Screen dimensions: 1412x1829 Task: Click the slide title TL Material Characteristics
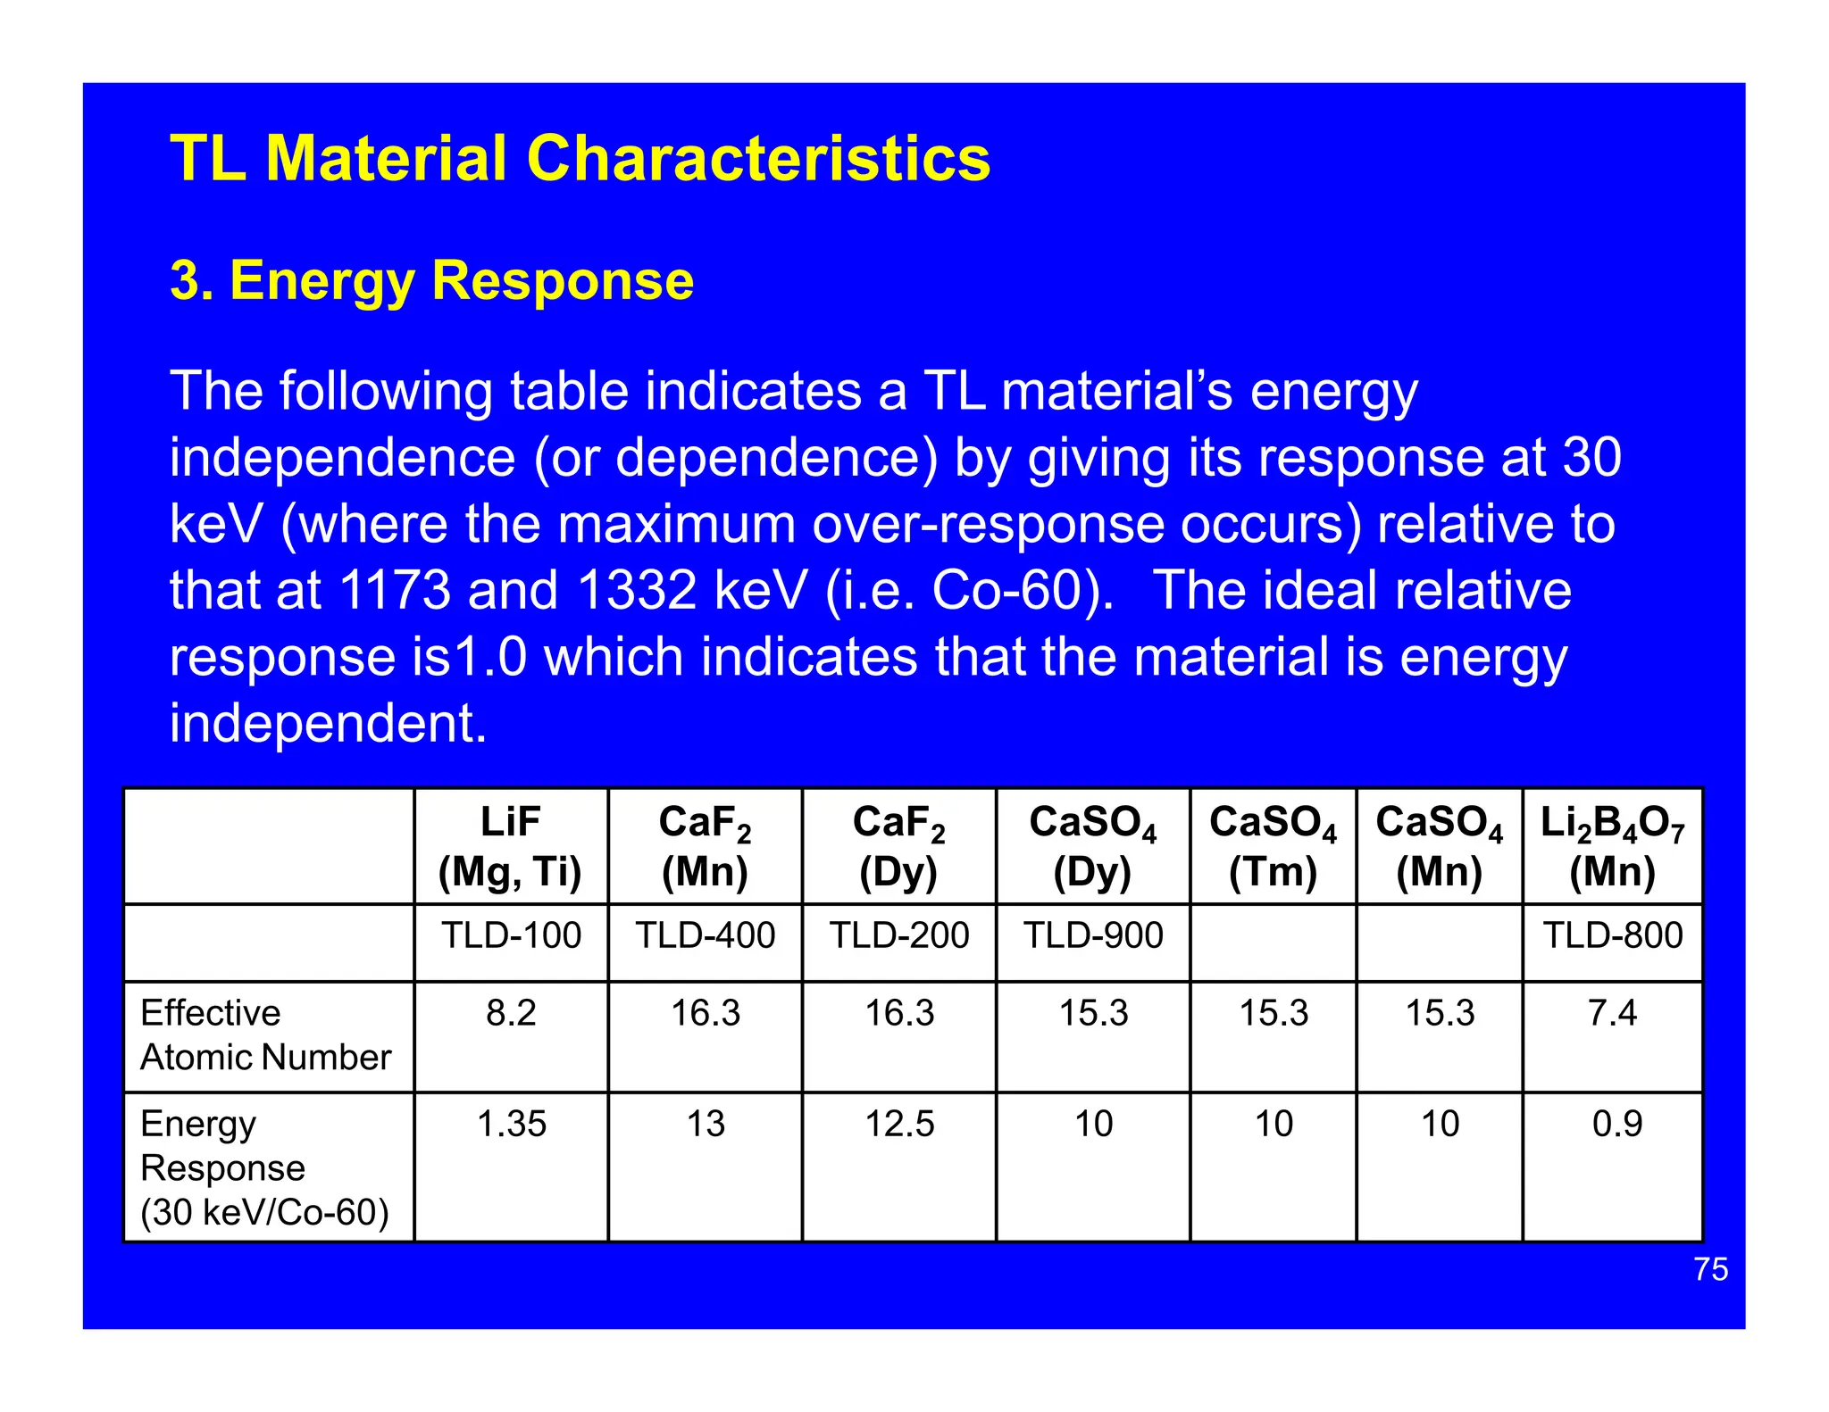[580, 158]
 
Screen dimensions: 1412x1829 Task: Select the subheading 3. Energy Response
[431, 280]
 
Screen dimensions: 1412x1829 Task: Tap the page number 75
[1710, 1269]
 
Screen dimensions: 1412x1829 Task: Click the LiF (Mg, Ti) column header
[510, 846]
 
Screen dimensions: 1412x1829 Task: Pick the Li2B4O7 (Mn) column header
[1612, 846]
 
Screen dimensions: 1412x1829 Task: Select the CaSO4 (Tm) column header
[1273, 846]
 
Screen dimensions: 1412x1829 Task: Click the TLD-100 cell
[511, 935]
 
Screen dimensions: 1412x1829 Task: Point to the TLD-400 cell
[705, 935]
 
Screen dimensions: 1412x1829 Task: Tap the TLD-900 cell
[1093, 935]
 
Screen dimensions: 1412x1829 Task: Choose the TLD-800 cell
[1613, 935]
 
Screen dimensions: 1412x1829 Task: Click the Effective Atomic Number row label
[265, 1035]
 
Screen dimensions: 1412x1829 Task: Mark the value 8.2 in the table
[511, 1013]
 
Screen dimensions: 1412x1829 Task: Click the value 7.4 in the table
[1612, 1013]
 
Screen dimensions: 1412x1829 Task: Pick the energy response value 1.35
[511, 1124]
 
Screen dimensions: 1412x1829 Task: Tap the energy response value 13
[705, 1124]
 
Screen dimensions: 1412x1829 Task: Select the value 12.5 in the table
[899, 1124]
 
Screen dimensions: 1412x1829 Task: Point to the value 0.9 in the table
[1616, 1124]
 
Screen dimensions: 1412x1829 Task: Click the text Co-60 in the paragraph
[1006, 591]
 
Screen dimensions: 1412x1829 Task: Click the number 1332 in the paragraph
[636, 591]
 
